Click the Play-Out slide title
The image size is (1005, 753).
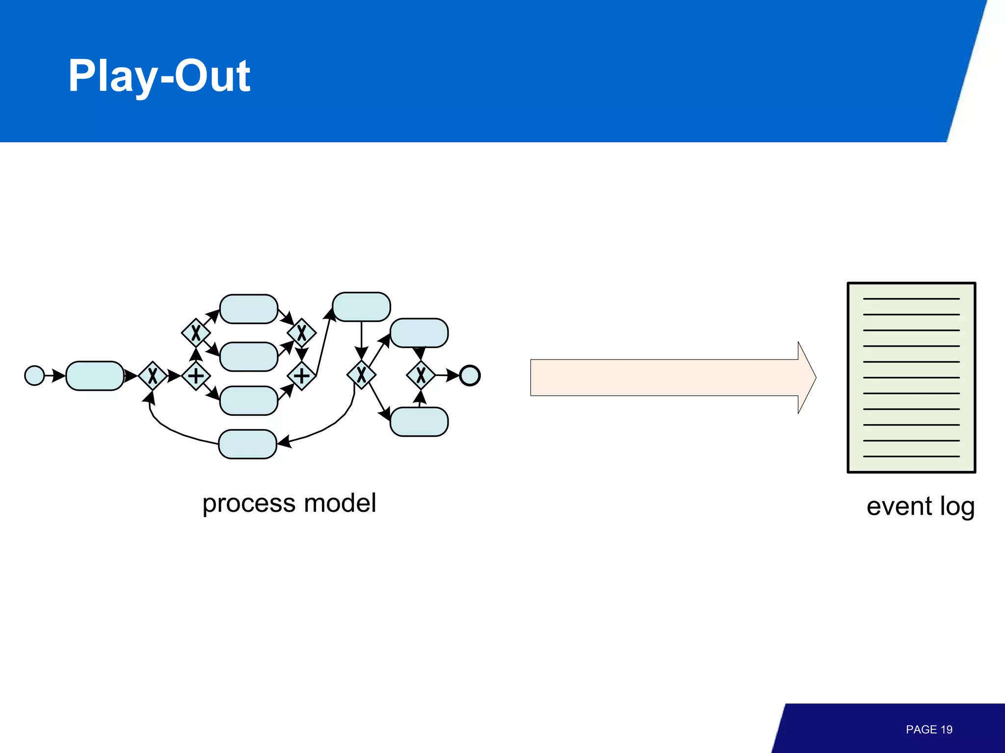159,76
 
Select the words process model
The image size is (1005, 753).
289,503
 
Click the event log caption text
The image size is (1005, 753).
920,506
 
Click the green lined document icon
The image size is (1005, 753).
911,377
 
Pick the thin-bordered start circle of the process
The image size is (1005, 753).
34,376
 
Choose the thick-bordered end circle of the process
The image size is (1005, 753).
470,376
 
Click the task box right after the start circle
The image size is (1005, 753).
95,376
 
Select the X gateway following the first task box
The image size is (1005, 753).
153,376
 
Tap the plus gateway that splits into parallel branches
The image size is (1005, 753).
196,376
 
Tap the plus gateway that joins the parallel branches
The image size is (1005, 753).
301,376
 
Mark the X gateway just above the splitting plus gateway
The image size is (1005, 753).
196,333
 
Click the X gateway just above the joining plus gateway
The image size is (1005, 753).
301,333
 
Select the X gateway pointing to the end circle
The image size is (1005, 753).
421,376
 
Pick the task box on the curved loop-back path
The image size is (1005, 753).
247,444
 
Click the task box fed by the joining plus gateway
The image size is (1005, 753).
361,307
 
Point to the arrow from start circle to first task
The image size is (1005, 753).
54,376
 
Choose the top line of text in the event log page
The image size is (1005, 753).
911,299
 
